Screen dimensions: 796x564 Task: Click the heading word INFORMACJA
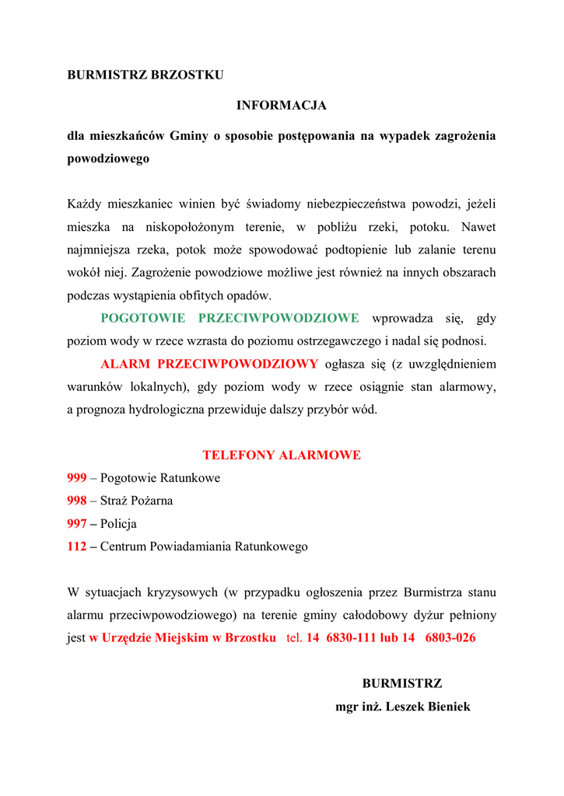tap(282, 105)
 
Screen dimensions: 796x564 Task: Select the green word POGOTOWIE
tap(143, 318)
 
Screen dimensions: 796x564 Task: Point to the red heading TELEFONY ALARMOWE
tap(282, 456)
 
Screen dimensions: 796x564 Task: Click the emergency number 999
tap(77, 478)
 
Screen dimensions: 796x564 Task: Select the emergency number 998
tap(77, 501)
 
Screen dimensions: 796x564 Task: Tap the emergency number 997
tap(77, 524)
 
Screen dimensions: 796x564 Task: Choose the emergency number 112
tap(77, 546)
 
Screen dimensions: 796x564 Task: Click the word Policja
tap(118, 524)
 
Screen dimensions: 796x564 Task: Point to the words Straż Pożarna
tap(136, 501)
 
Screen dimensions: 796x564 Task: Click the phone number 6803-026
tap(450, 638)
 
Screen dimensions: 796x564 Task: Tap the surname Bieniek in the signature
tap(446, 707)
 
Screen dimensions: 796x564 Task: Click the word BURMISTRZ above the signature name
tap(401, 684)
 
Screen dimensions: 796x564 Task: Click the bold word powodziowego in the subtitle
tap(108, 159)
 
